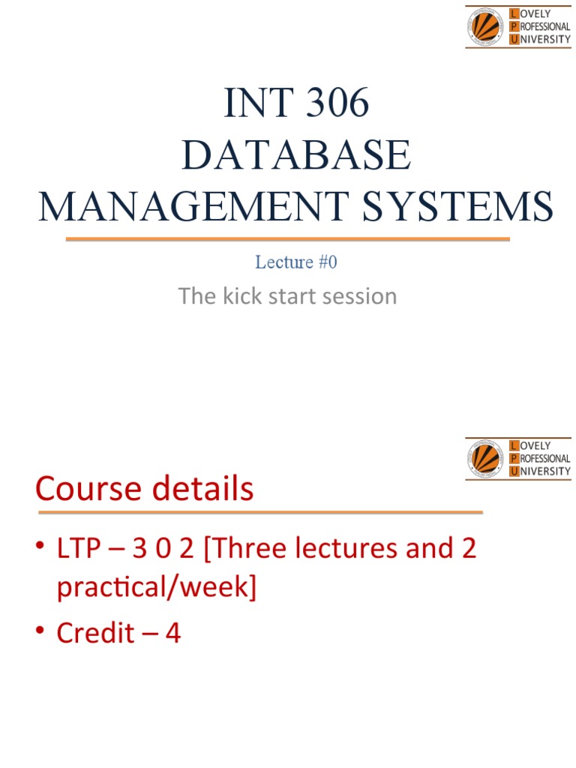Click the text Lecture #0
click(x=301, y=262)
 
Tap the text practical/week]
click(x=157, y=587)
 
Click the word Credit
click(x=96, y=634)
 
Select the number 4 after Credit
click(x=172, y=634)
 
